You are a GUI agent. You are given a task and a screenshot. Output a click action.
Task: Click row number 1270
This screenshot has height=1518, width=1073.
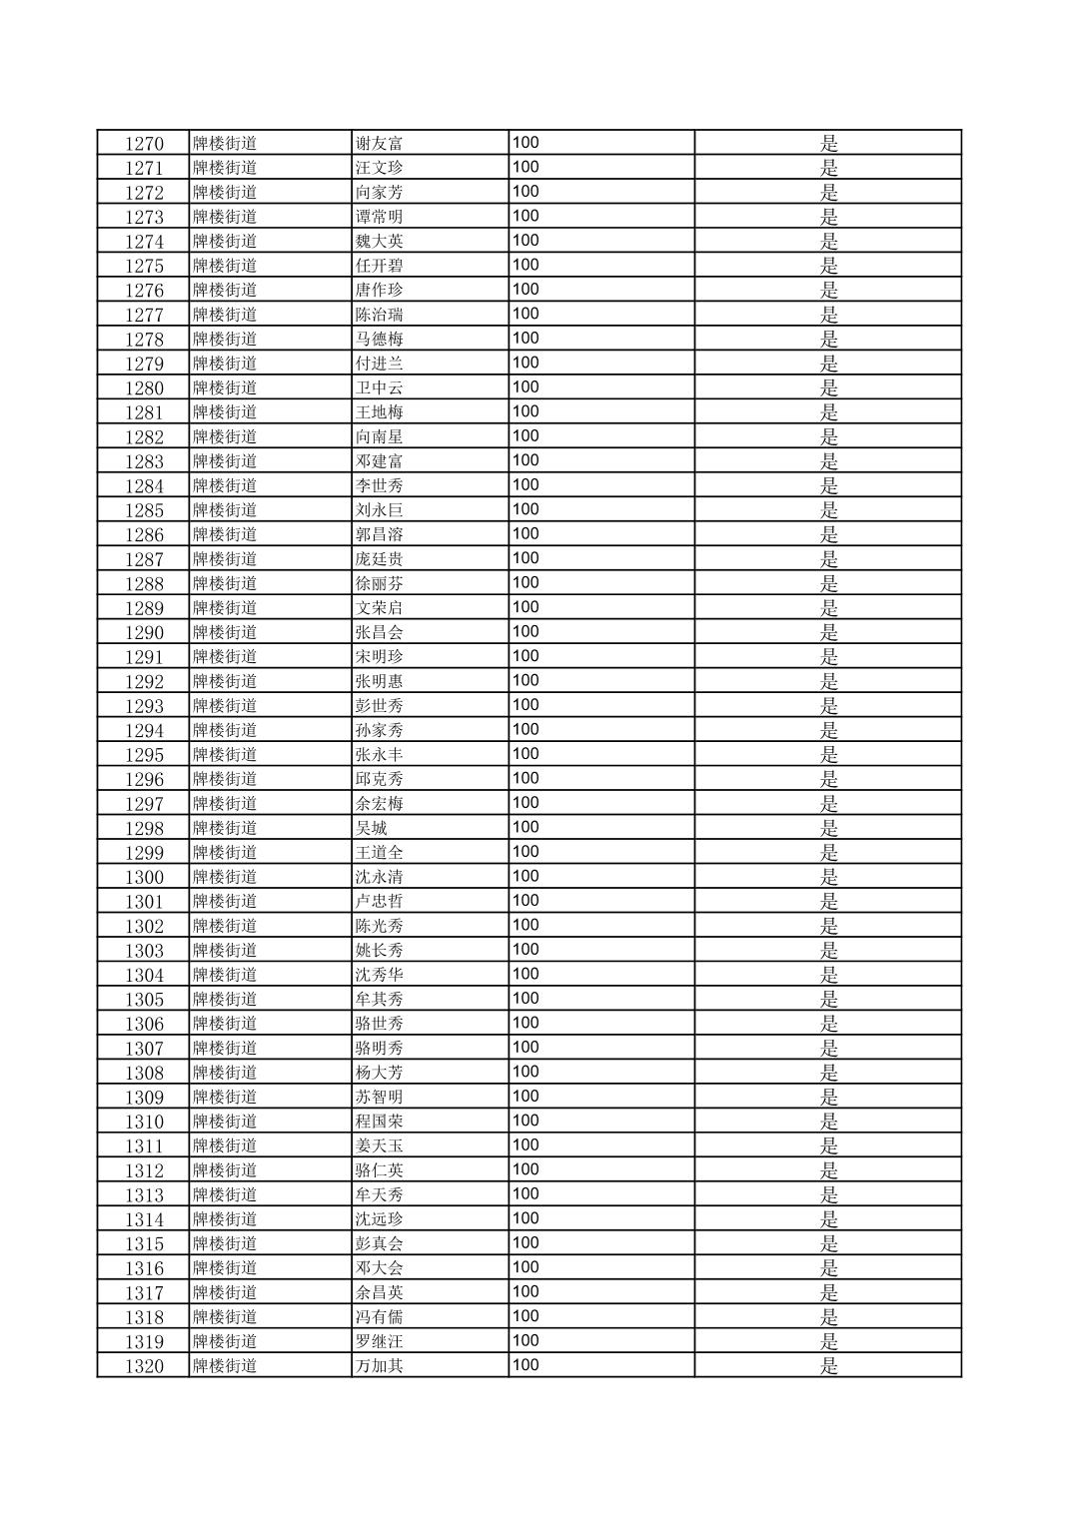pos(144,144)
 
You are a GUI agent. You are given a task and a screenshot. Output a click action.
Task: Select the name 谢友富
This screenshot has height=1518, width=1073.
pos(379,144)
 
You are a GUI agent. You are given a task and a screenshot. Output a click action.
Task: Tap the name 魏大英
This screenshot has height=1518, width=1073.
pos(379,242)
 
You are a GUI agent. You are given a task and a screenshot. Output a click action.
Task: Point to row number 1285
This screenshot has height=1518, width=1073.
pos(144,510)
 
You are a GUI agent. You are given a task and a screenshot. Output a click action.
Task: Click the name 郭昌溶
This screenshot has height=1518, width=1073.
pos(379,534)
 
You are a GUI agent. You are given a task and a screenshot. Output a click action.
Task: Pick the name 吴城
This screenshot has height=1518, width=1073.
pos(371,828)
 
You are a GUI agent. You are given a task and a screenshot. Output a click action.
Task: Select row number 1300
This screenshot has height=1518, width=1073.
pos(144,877)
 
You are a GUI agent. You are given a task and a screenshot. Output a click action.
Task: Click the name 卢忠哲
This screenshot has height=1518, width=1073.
pos(379,902)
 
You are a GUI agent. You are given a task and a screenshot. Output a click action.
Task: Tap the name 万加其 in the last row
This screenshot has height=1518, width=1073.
pos(379,1366)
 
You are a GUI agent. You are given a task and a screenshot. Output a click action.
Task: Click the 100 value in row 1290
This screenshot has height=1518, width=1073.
pos(526,631)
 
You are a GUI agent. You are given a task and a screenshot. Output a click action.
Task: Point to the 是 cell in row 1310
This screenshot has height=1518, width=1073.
pos(828,1122)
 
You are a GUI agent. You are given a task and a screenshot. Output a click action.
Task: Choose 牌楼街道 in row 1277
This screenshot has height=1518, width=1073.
pos(225,315)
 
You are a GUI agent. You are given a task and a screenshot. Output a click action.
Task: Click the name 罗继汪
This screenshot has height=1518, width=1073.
pos(379,1341)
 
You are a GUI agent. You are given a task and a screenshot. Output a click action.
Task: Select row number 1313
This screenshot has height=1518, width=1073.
pos(144,1195)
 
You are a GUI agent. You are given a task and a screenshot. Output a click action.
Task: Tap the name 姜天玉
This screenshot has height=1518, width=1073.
pos(379,1146)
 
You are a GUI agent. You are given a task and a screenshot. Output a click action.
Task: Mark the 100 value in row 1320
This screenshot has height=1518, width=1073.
pos(526,1365)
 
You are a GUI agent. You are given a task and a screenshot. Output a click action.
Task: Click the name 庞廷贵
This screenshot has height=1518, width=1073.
pos(379,559)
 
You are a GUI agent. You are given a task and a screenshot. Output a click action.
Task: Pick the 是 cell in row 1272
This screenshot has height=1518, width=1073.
pos(828,193)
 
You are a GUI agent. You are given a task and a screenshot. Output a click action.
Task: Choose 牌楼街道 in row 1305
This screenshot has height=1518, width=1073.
pos(225,1000)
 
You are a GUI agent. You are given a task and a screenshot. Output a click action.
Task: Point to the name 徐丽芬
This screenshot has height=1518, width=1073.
pos(379,583)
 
